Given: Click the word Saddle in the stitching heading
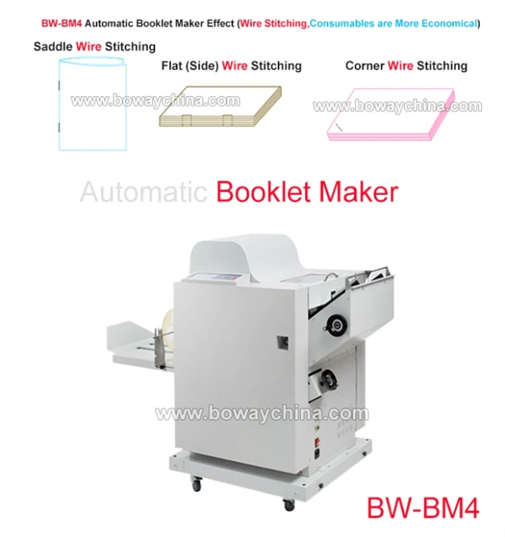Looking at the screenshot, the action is [53, 47].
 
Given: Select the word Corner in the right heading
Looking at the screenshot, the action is [364, 66].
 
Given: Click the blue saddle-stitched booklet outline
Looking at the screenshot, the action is [92, 105].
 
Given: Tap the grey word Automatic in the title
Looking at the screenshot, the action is [144, 192].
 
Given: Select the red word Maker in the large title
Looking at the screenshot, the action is [361, 192].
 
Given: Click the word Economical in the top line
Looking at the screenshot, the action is [442, 23].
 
